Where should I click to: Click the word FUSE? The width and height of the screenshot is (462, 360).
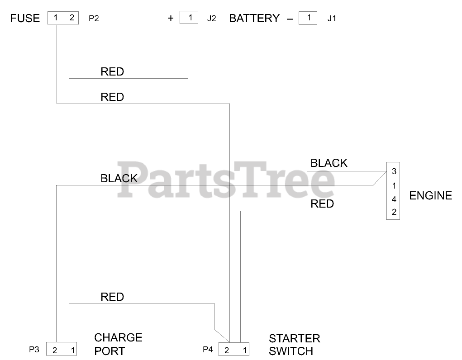(25, 19)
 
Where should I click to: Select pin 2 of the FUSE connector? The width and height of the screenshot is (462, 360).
(71, 18)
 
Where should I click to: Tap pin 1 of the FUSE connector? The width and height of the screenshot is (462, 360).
(56, 18)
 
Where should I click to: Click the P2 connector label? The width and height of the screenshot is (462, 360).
(94, 19)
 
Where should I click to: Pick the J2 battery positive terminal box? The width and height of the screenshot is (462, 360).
(190, 18)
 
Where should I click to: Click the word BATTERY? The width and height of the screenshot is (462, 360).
(254, 19)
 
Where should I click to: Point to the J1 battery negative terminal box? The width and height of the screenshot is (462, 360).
(308, 18)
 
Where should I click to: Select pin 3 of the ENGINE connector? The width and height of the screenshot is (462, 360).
(394, 171)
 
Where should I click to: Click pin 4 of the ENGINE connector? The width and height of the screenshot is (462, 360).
(394, 199)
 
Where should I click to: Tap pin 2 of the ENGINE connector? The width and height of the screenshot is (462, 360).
(394, 212)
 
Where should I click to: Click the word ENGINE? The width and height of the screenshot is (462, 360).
(430, 196)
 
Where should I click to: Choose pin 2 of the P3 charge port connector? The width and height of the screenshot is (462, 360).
(55, 350)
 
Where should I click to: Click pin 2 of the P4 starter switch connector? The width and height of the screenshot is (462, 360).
(227, 350)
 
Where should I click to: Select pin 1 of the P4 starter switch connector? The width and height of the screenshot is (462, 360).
(244, 350)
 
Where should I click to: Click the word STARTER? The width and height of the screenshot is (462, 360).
(294, 338)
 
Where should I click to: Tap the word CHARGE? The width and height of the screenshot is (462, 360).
(118, 337)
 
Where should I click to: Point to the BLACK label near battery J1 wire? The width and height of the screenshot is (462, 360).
(329, 163)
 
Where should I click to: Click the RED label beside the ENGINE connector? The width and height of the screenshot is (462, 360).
(322, 204)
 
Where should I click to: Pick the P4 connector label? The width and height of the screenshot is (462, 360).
(208, 350)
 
